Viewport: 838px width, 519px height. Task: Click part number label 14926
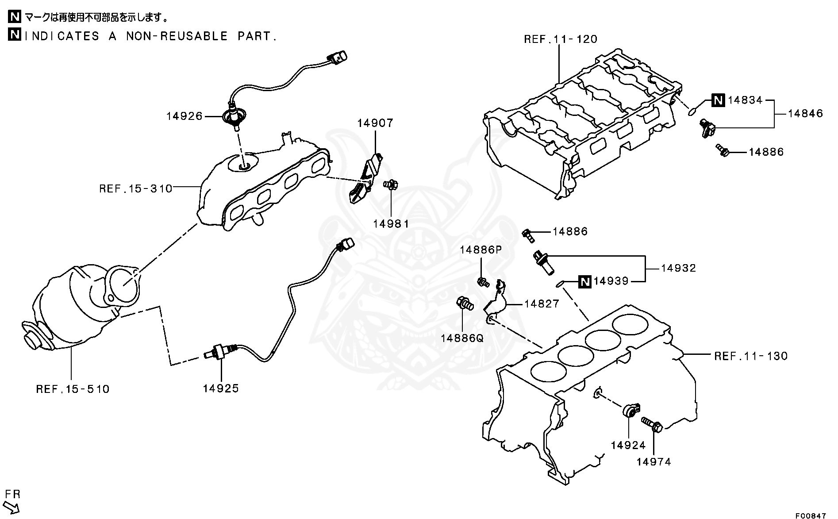(184, 116)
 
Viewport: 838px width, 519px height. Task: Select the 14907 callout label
(375, 123)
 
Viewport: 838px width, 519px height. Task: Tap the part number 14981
(391, 224)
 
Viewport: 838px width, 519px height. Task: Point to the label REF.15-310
(135, 189)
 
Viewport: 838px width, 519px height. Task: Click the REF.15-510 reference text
(73, 389)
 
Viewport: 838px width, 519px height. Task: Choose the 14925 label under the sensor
(221, 388)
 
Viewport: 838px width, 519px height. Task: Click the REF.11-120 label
(560, 39)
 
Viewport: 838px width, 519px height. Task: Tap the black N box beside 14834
(718, 100)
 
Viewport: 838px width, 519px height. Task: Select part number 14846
(805, 114)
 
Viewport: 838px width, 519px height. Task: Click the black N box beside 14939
(585, 281)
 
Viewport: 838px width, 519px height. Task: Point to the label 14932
(679, 268)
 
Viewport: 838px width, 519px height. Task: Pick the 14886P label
(481, 250)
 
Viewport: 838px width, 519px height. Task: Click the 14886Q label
(462, 338)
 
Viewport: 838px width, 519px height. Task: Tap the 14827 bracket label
(542, 304)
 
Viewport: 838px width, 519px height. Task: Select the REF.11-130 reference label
(751, 356)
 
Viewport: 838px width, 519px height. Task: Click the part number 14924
(628, 446)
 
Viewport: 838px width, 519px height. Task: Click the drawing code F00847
(811, 515)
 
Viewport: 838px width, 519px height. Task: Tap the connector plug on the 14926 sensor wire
(337, 57)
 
